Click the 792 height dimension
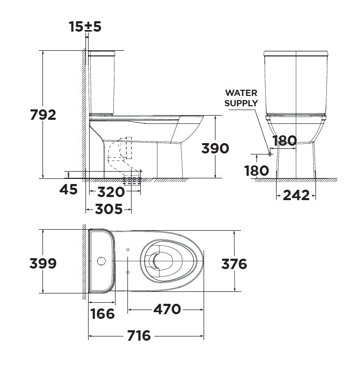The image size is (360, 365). [x=44, y=115]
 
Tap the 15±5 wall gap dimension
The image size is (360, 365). [x=85, y=26]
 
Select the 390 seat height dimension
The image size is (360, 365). [x=215, y=148]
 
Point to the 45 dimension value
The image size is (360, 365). [x=68, y=189]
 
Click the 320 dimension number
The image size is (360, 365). [x=111, y=192]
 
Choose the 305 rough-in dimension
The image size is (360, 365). [x=109, y=209]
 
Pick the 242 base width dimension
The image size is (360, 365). [x=296, y=195]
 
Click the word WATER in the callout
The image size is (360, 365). [x=241, y=93]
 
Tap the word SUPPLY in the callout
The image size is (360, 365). [x=241, y=103]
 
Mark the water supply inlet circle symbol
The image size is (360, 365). [x=270, y=154]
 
